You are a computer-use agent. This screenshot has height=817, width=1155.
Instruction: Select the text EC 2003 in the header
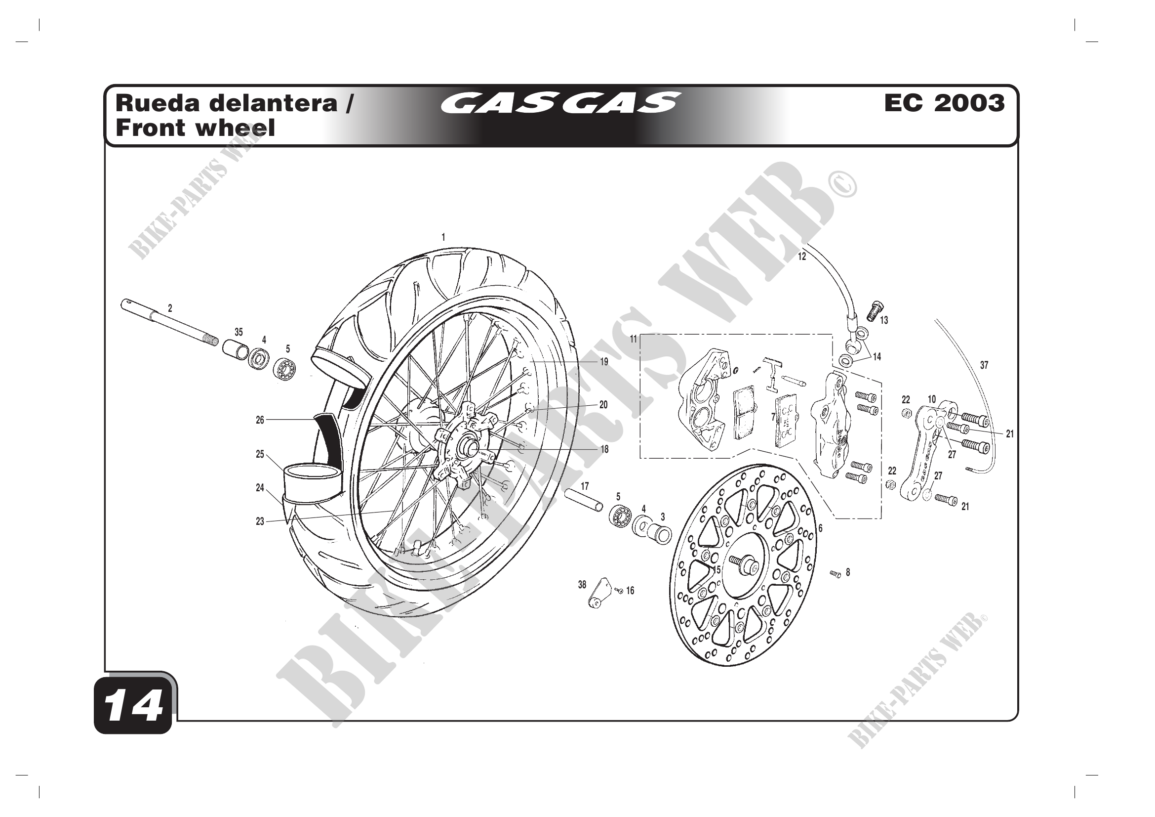(944, 103)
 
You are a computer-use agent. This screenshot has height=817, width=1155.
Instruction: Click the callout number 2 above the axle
(170, 308)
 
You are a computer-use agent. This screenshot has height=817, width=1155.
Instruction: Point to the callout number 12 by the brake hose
(802, 257)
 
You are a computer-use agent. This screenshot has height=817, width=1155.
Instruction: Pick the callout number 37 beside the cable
(984, 365)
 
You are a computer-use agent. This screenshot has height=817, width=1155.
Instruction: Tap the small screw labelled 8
(835, 574)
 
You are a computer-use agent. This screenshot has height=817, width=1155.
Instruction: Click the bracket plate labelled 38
(599, 594)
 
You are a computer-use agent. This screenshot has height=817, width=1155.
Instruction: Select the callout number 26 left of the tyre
(260, 420)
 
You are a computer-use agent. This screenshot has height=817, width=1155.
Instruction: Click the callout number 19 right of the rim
(603, 362)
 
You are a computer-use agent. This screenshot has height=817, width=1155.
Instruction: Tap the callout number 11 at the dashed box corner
(634, 339)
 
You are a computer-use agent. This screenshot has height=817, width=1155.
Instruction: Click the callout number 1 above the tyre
(443, 237)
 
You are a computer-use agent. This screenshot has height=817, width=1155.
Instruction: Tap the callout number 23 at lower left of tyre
(260, 521)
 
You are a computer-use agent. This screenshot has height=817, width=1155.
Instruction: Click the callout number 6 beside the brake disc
(820, 528)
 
